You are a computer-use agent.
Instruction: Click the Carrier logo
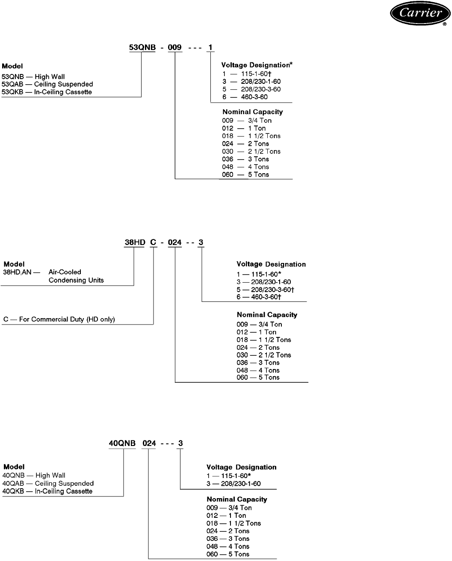tap(420, 13)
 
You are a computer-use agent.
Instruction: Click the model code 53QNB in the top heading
tap(142, 47)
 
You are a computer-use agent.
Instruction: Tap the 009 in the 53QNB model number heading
tap(174, 47)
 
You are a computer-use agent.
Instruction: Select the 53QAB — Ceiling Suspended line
tap(47, 84)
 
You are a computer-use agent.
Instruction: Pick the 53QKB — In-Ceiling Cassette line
tap(47, 92)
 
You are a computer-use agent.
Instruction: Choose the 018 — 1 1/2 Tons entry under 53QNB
tap(251, 136)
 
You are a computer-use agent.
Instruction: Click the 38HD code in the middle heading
tap(135, 242)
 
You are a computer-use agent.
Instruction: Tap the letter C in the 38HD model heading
tap(153, 242)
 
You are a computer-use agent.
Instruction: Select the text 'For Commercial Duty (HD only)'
tap(67, 319)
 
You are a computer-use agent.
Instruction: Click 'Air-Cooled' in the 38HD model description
tap(65, 272)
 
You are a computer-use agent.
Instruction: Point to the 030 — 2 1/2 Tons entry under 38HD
tap(264, 355)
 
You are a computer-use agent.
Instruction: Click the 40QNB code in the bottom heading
tap(122, 443)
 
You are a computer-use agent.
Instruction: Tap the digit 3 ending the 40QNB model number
tap(180, 443)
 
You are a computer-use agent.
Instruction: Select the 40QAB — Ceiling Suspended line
tap(48, 484)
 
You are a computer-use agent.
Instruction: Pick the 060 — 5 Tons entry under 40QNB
tap(228, 554)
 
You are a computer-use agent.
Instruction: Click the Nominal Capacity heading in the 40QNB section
tap(237, 499)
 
